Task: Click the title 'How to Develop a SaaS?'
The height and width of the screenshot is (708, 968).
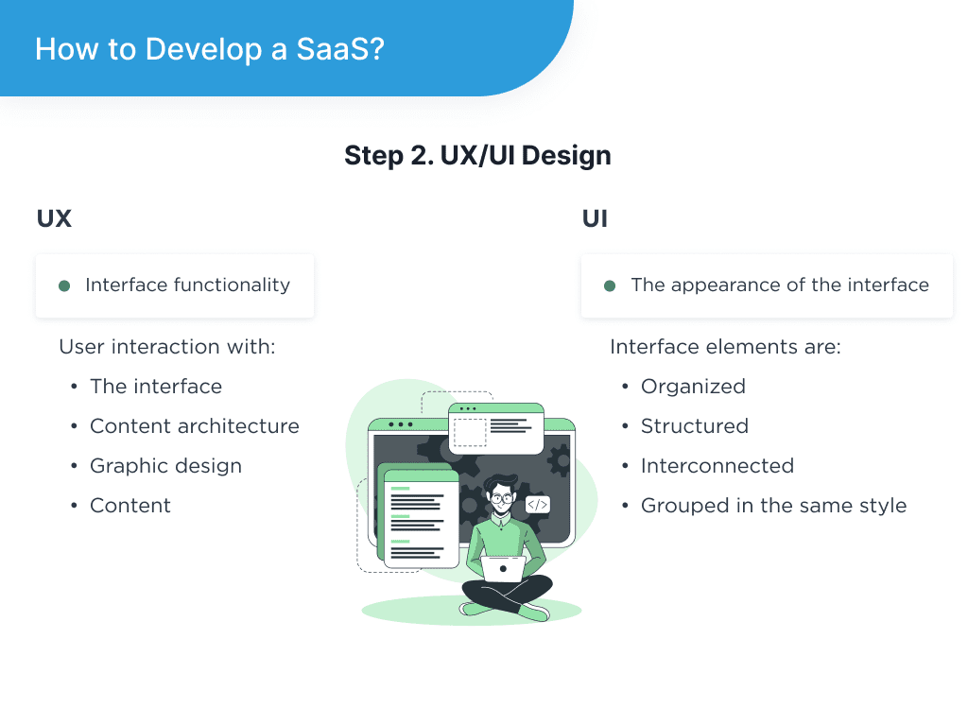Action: pos(209,48)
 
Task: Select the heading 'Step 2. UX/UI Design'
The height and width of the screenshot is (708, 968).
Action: pos(477,155)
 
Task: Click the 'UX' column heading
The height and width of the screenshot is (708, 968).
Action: pos(54,218)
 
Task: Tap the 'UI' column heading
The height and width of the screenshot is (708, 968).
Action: pos(595,218)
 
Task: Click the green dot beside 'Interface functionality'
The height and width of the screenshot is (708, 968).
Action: pos(64,285)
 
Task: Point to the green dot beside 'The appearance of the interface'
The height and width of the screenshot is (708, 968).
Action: pos(610,285)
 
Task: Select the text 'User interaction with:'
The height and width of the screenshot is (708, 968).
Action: pos(166,347)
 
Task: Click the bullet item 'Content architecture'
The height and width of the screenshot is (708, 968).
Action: pos(194,426)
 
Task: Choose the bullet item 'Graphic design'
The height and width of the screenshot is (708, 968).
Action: pos(165,466)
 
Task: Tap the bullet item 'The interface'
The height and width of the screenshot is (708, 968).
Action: pos(156,387)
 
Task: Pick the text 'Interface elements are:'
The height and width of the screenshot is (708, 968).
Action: pos(725,347)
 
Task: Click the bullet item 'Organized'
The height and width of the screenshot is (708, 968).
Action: pos(693,387)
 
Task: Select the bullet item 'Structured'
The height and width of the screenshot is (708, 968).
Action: pos(694,426)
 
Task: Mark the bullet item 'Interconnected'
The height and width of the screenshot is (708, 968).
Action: pos(717,466)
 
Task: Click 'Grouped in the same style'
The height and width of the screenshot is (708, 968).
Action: pos(773,506)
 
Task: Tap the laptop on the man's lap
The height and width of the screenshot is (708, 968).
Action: pos(503,567)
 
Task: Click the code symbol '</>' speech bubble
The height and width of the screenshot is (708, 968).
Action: pos(537,505)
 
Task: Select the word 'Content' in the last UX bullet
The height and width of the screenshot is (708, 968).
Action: pos(130,506)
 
